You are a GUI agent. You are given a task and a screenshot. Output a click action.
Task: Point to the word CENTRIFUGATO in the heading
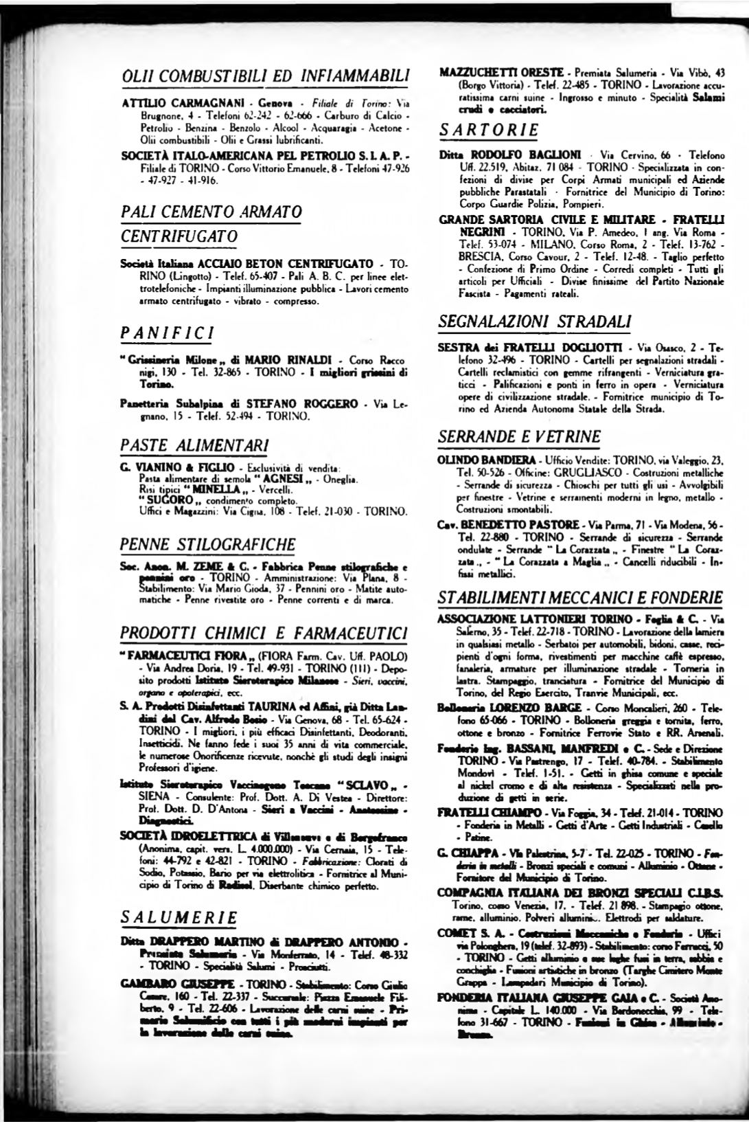point(179,236)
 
